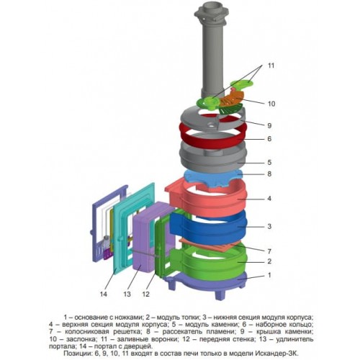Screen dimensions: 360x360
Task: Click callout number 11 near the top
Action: (x=271, y=66)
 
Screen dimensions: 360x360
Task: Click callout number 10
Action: (x=271, y=104)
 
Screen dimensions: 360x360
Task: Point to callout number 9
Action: (x=269, y=125)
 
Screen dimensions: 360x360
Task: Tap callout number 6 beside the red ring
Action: (x=269, y=139)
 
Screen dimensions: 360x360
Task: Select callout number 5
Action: (x=269, y=162)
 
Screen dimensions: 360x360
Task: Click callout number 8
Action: (x=269, y=174)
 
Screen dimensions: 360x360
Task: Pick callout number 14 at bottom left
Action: (x=104, y=294)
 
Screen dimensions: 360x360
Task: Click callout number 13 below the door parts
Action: (x=127, y=294)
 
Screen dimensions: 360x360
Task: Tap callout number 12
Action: (x=146, y=294)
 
